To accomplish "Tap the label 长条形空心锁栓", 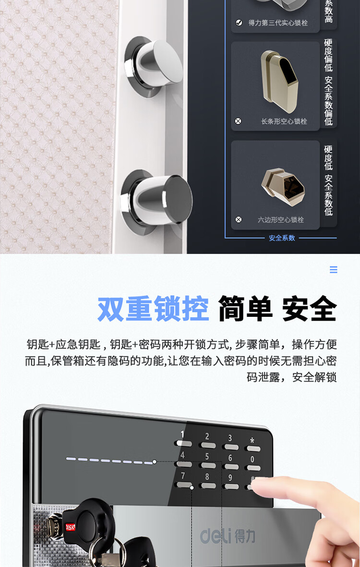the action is coord(284,121).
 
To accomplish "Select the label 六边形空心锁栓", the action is coord(281,219).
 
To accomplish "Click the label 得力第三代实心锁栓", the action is coord(278,23).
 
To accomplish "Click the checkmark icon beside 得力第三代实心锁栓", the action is coord(239,23).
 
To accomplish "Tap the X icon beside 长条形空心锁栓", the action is coord(238,121).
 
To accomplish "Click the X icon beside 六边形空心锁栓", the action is coord(239,219).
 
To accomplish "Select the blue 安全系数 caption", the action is coord(282,238).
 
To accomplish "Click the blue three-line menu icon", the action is coord(334,270).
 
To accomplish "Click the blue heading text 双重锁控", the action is coord(153,309).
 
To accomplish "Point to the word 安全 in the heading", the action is coord(310,309).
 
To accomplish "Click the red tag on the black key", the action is coord(70,528).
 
